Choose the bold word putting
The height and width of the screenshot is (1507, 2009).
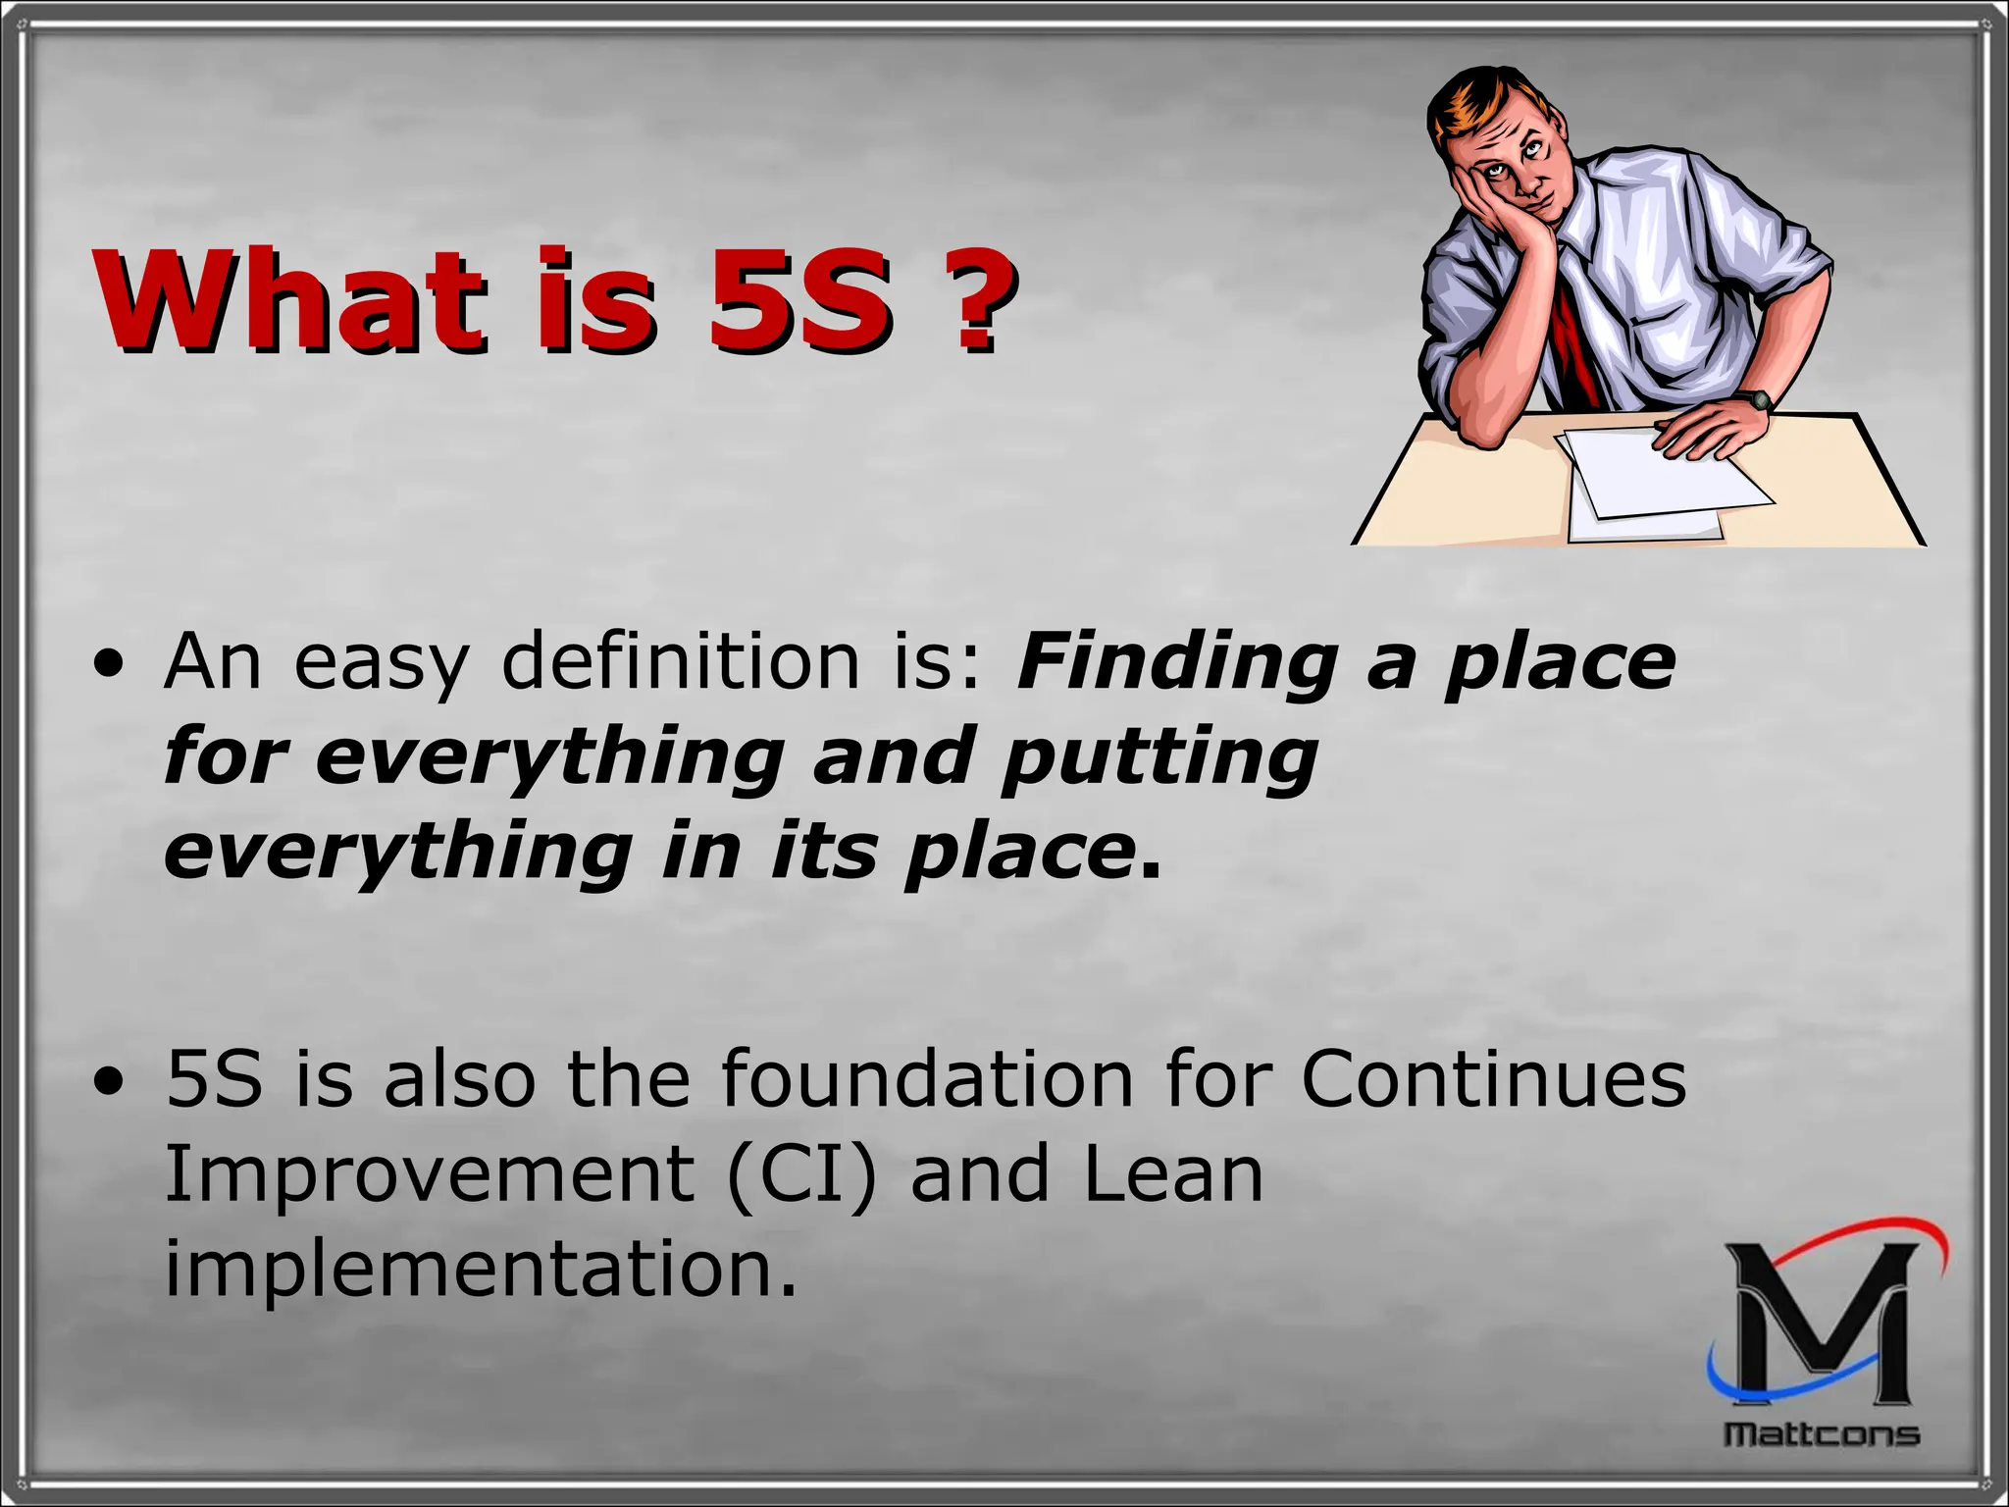tap(1159, 757)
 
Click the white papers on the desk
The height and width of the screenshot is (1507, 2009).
tap(1658, 486)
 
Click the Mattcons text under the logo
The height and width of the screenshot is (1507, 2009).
tap(1822, 1434)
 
